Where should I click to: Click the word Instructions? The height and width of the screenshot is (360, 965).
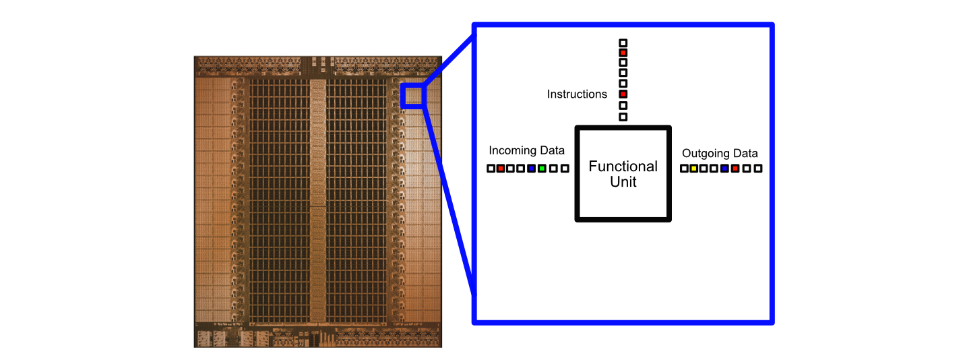point(577,94)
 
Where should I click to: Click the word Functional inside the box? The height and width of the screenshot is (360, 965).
point(623,167)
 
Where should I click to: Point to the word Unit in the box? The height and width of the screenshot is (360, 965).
point(623,182)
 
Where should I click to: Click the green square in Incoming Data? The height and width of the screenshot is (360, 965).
point(542,168)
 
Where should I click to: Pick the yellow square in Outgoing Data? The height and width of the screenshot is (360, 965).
point(693,168)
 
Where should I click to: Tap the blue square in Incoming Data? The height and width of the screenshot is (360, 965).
point(532,168)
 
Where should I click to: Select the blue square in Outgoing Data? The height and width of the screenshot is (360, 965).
point(724,168)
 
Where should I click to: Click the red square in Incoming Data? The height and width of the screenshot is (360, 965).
point(501,168)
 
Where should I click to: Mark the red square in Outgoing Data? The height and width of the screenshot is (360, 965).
point(735,168)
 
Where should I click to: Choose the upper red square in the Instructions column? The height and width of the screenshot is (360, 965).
point(623,53)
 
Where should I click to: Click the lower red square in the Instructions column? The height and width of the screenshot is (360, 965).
point(623,94)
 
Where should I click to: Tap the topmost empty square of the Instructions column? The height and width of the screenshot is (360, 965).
point(623,42)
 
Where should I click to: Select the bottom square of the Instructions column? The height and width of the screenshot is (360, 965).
point(623,117)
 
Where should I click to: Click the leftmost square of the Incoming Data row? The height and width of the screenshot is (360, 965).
point(491,168)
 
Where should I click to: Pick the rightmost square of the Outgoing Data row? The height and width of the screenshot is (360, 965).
point(758,168)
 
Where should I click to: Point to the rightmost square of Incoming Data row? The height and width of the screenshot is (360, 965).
point(565,168)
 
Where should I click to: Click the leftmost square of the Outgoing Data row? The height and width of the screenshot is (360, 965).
point(684,168)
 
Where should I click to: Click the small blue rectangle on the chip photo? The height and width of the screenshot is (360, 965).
point(413,96)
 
